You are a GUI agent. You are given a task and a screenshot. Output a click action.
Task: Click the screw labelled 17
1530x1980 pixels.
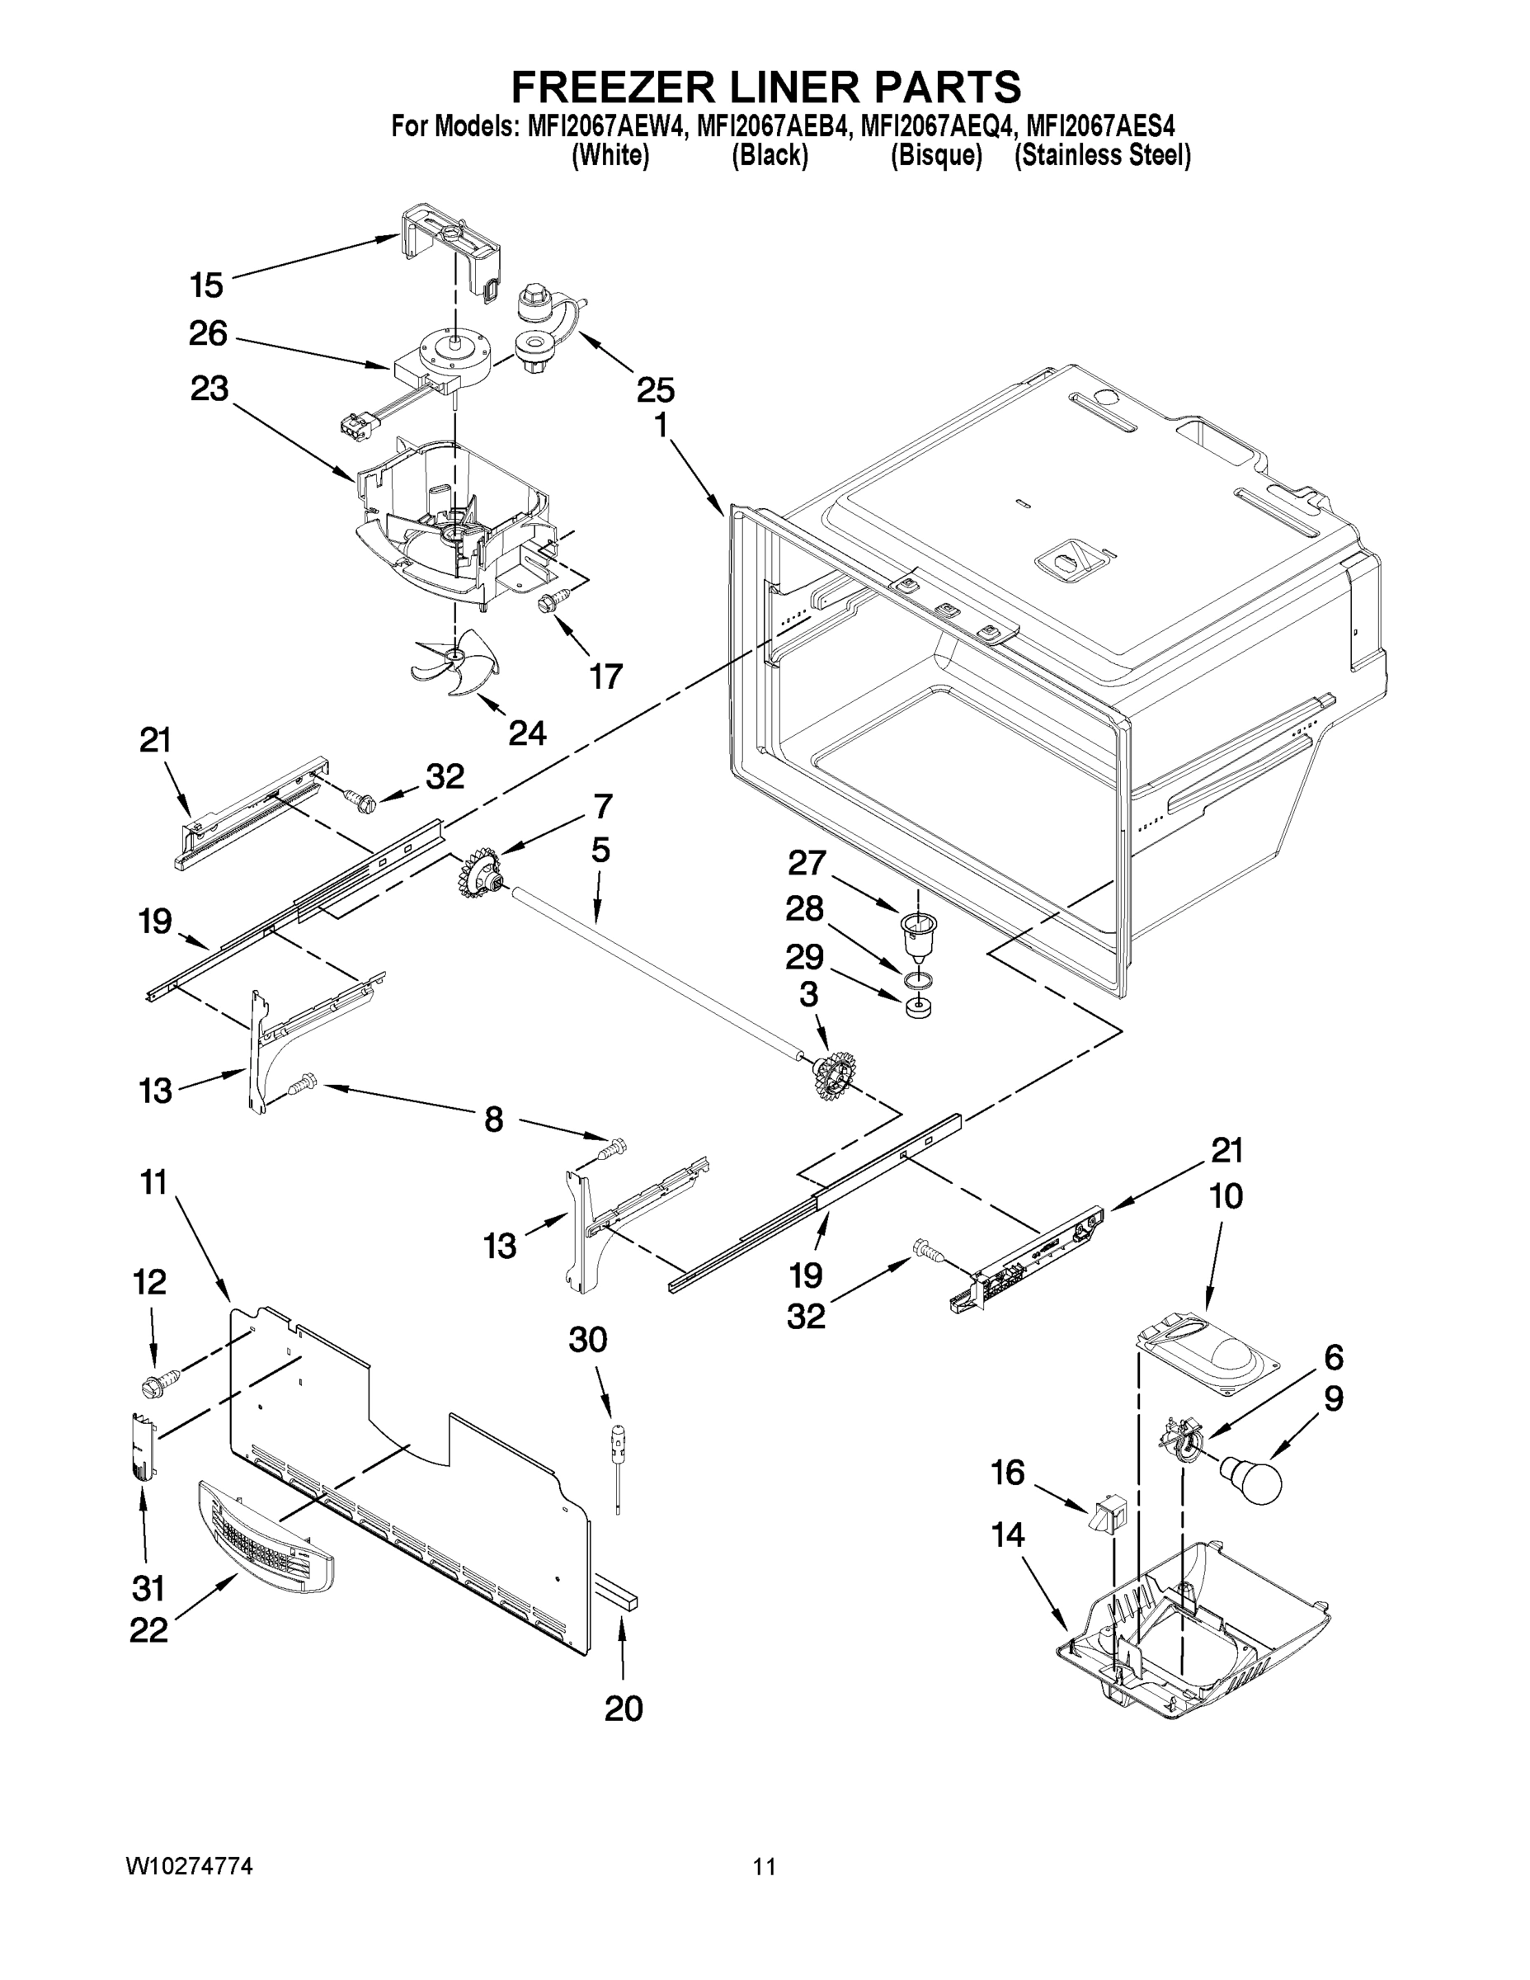[552, 599]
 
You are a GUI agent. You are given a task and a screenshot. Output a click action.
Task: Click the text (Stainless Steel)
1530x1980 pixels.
[1102, 156]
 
